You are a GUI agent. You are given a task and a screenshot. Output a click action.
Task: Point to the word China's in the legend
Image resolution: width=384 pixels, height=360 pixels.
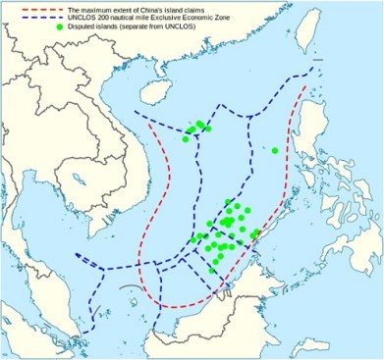(x=167, y=10)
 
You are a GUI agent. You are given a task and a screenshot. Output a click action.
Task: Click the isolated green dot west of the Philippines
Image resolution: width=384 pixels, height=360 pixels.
(x=276, y=150)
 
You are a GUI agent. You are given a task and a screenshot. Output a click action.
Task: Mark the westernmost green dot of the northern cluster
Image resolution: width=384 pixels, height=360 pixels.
(x=185, y=139)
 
